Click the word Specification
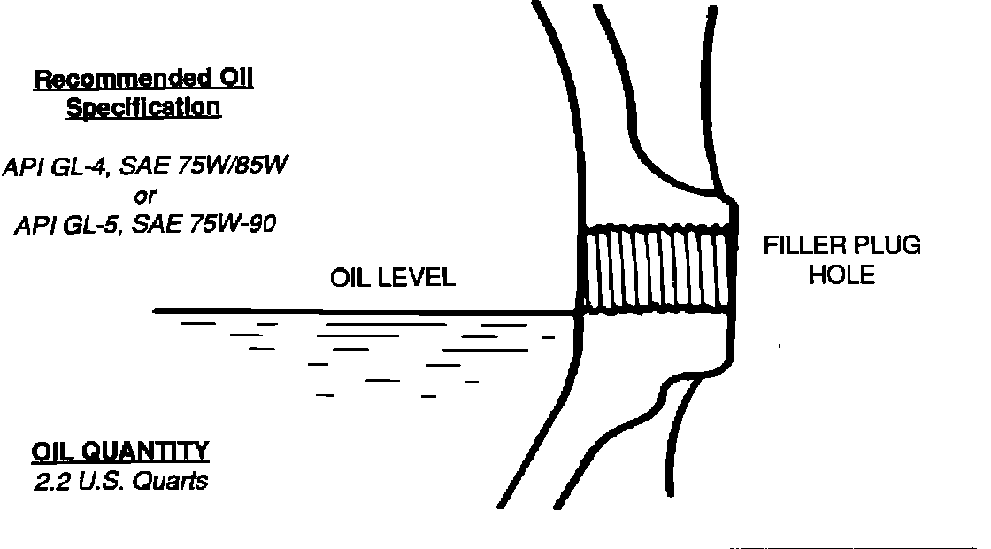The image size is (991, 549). (143, 108)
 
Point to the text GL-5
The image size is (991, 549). (91, 225)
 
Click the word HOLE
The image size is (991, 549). (841, 275)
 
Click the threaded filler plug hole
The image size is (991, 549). (658, 270)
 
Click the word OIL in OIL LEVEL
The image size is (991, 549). (349, 278)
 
